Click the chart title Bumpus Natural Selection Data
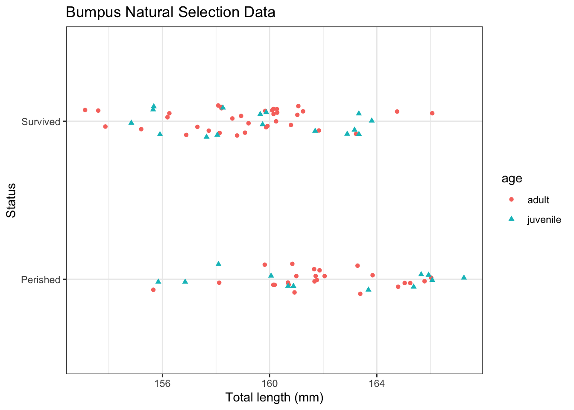point(170,12)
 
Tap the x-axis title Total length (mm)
point(274,398)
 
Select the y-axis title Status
point(11,200)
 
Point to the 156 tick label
point(162,384)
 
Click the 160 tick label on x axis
point(269,384)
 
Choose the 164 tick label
point(377,384)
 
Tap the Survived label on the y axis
point(41,122)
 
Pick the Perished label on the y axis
point(41,280)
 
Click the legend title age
point(512,179)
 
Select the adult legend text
point(538,200)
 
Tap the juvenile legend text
point(544,220)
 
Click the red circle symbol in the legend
point(511,199)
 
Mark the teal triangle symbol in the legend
point(511,219)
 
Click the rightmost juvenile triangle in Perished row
point(464,278)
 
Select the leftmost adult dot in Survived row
point(85,110)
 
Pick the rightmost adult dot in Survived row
point(432,113)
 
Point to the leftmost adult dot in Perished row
point(153,290)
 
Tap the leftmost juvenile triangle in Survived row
point(131,123)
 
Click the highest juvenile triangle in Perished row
point(219,264)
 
